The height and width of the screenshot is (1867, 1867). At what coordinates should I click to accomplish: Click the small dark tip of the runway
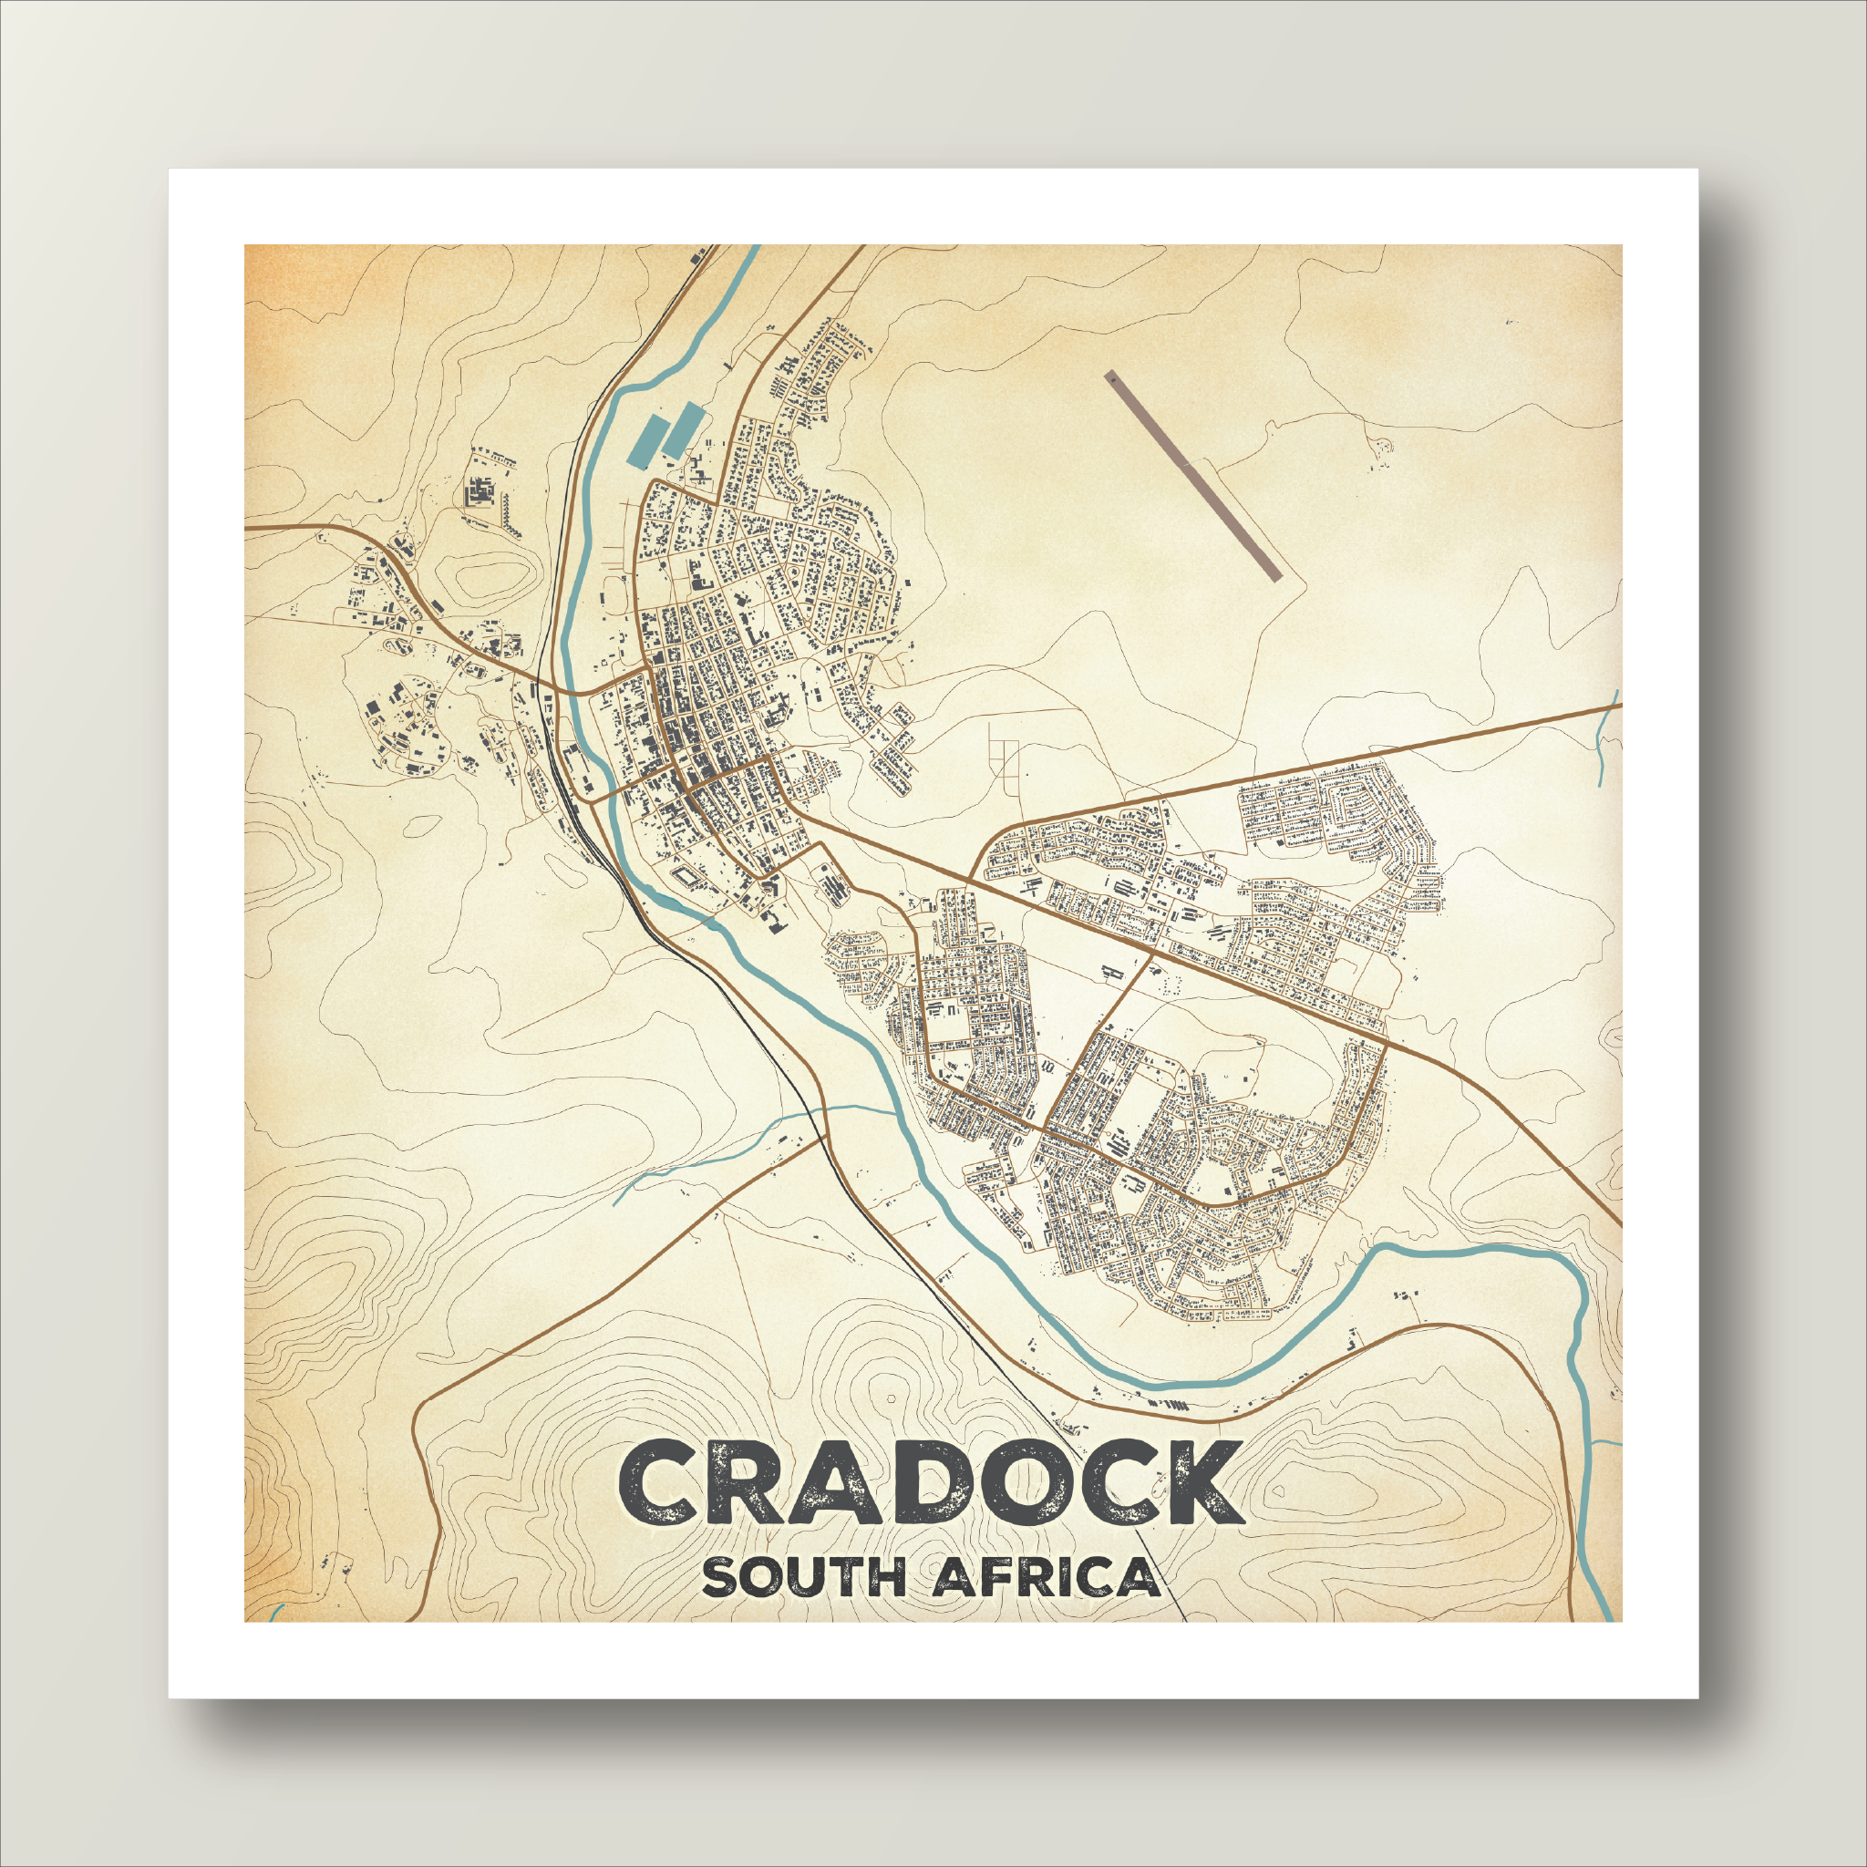[x=1111, y=380]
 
